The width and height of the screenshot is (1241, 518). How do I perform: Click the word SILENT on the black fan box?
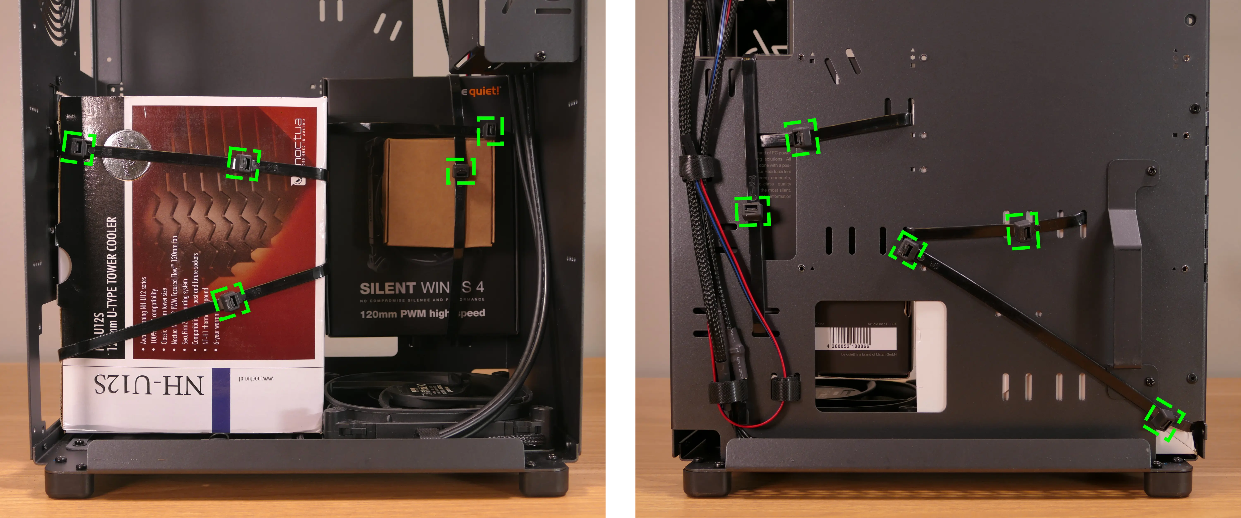pos(388,288)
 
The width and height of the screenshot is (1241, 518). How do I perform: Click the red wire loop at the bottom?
pos(752,419)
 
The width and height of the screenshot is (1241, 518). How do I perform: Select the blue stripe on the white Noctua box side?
pos(221,400)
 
